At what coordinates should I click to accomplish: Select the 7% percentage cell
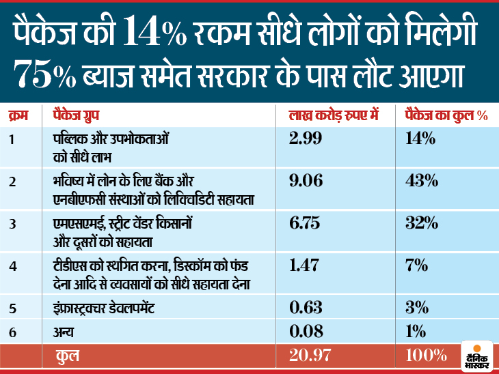(x=417, y=267)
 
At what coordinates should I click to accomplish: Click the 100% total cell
(x=427, y=356)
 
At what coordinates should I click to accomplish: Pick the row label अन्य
(x=63, y=332)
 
